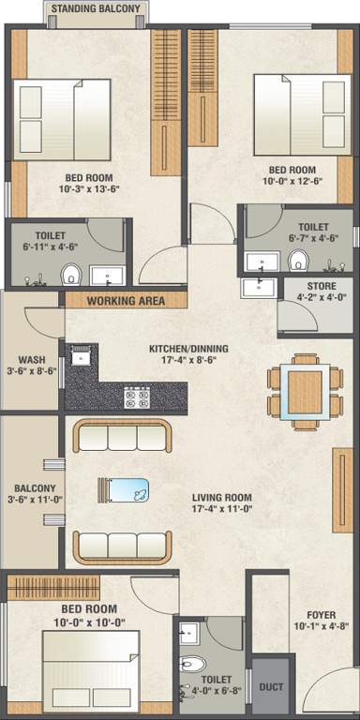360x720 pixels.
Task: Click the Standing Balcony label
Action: [x=96, y=9]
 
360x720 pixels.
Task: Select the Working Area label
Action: [x=126, y=301]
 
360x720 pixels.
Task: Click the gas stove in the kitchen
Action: [x=138, y=397]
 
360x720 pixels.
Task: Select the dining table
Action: [x=304, y=389]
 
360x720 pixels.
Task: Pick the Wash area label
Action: [x=31, y=358]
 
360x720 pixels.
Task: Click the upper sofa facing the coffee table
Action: [x=123, y=437]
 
